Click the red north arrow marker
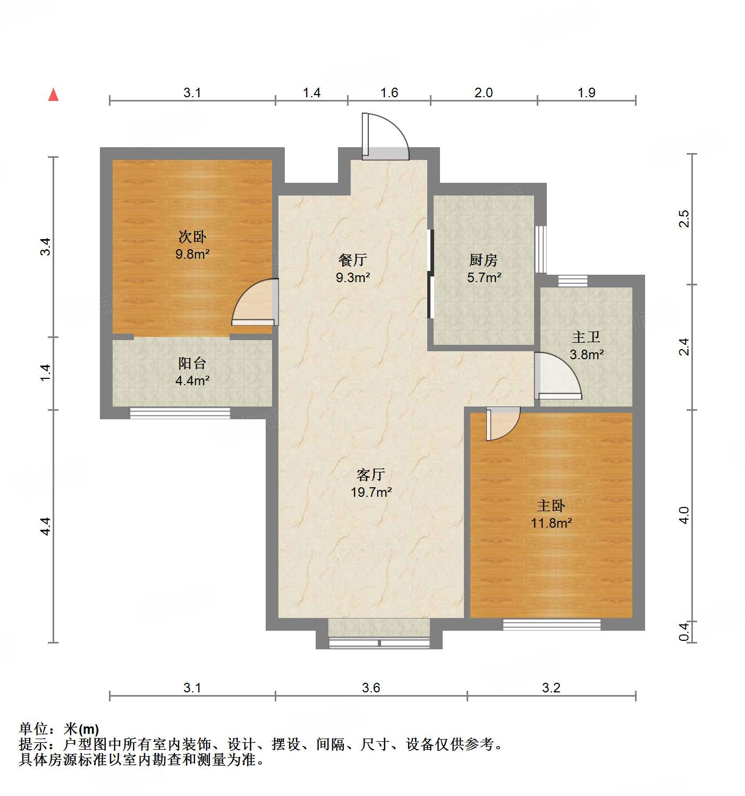53,95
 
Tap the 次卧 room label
192,236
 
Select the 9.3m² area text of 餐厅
352,277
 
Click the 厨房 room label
483,260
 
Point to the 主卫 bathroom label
586,337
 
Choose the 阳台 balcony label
192,363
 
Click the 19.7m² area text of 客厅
371,492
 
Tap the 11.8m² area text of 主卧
551,523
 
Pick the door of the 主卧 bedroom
502,422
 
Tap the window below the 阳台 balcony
180,413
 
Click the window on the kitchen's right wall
541,249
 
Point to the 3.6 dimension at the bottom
371,688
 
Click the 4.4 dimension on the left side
46,526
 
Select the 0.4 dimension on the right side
684,632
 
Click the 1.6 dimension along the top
389,92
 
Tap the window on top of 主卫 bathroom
573,281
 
